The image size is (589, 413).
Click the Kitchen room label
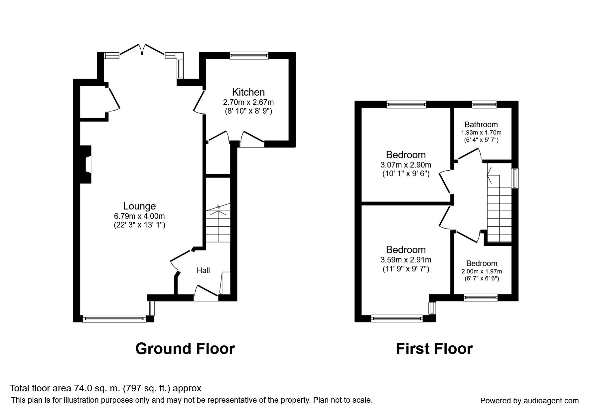pyautogui.click(x=248, y=92)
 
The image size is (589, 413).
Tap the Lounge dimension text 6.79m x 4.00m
pyautogui.click(x=139, y=216)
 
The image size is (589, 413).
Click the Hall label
pyautogui.click(x=203, y=270)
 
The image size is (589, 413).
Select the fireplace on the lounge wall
pyautogui.click(x=86, y=165)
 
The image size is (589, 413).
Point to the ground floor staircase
pyautogui.click(x=218, y=225)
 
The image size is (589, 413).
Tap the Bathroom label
pyautogui.click(x=481, y=125)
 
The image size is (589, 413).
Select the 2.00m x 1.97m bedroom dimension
pyautogui.click(x=482, y=271)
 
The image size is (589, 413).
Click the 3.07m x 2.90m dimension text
pyautogui.click(x=405, y=165)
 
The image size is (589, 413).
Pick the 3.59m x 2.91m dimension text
pyautogui.click(x=405, y=259)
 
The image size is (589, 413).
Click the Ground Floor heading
pyautogui.click(x=185, y=349)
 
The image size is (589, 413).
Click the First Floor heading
pyautogui.click(x=434, y=349)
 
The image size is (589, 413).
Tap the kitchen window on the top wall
pyautogui.click(x=249, y=56)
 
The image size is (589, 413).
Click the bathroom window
pyautogui.click(x=484, y=105)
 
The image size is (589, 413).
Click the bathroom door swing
pyautogui.click(x=469, y=155)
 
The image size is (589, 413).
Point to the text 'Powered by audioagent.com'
pyautogui.click(x=529, y=401)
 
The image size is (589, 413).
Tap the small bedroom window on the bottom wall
pyautogui.click(x=481, y=297)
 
